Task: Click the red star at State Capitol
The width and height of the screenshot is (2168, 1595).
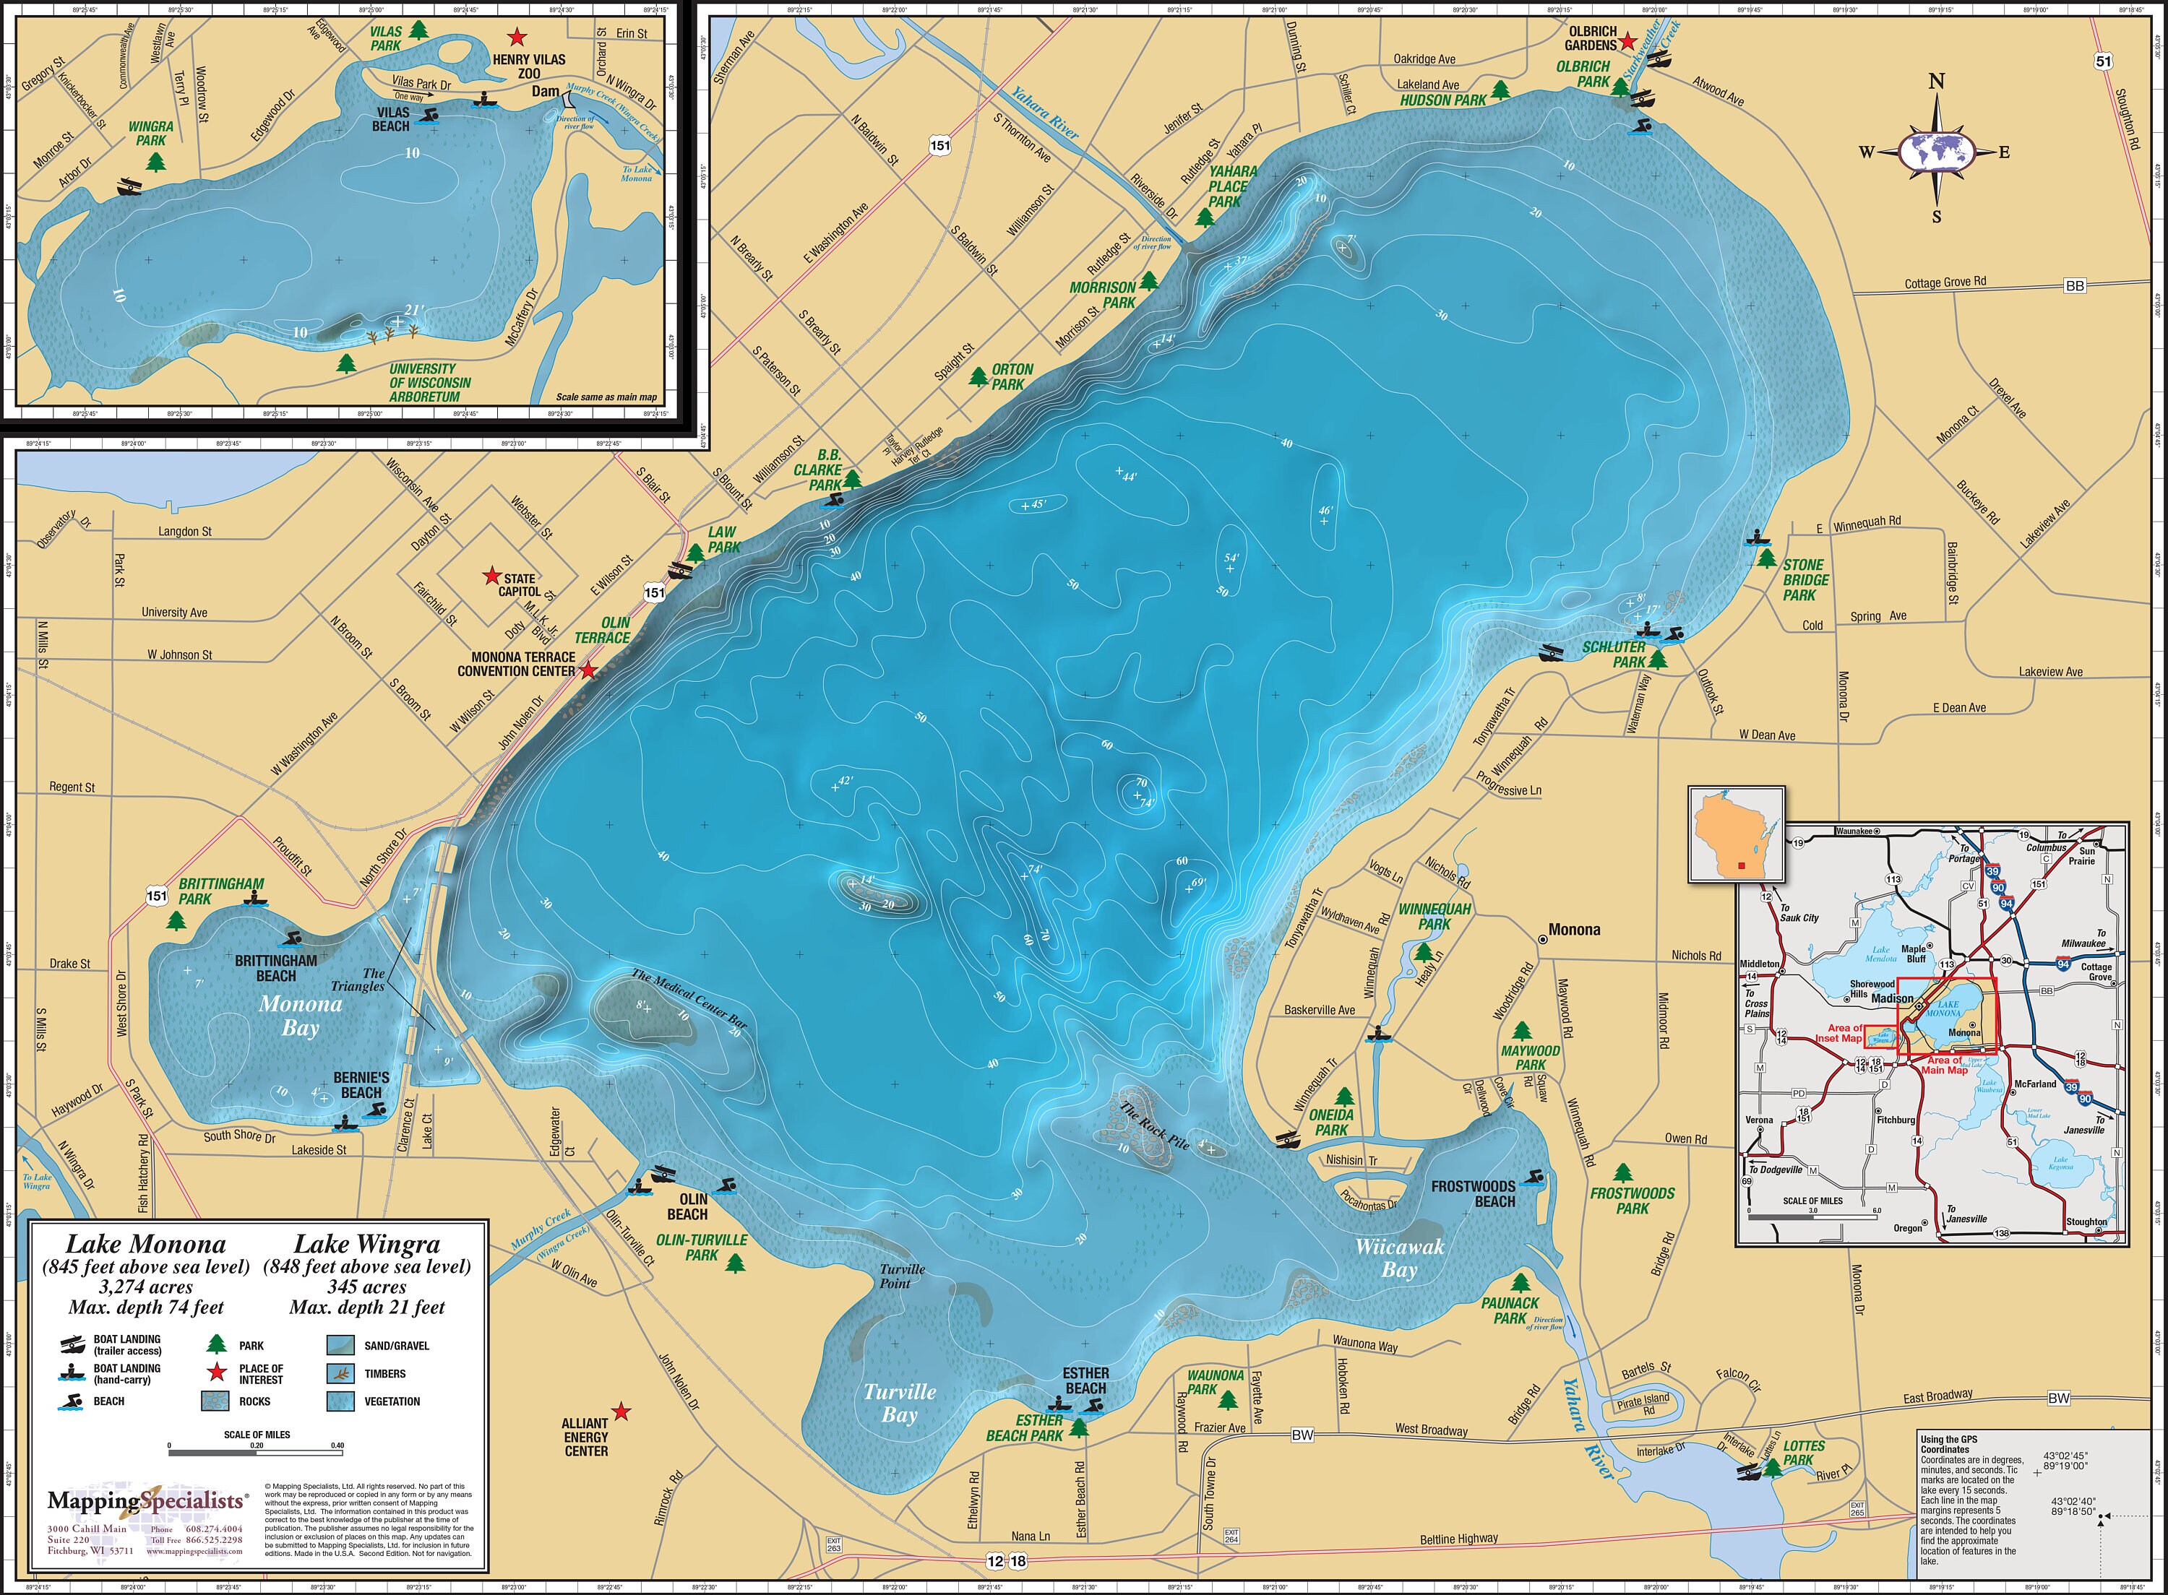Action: pos(491,576)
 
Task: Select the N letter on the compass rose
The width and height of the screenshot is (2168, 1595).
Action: pos(1936,82)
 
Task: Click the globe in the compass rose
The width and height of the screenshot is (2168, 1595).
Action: pos(1936,152)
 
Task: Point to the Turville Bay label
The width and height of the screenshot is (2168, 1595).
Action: pos(899,1403)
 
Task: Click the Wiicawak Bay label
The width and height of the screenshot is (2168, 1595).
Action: pos(1399,1258)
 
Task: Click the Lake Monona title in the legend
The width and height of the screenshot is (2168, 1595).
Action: pos(145,1245)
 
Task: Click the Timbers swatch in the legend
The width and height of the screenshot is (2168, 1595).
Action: pos(340,1373)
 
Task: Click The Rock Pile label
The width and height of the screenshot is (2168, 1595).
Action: pos(1154,1125)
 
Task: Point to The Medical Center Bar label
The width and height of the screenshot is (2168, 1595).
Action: pos(689,999)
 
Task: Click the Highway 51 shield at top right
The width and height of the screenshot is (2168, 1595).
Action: pos(2103,61)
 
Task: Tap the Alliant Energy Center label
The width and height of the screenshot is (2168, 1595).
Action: pos(586,1437)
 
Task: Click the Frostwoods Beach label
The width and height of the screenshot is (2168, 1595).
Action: pos(1474,1193)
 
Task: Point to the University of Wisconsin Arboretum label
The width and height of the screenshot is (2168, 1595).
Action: pos(430,382)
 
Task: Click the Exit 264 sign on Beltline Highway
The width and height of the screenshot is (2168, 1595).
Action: pos(1231,1535)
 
